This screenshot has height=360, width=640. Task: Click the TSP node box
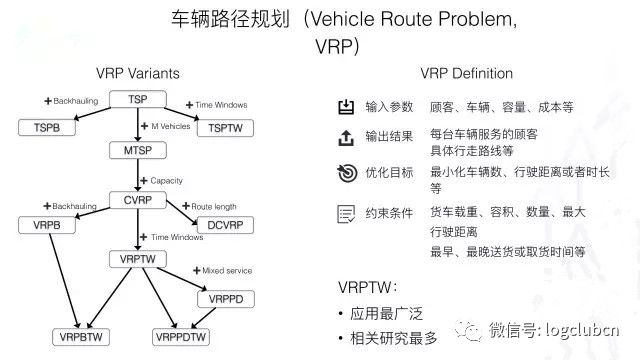[139, 99]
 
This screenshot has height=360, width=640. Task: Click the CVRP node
[139, 199]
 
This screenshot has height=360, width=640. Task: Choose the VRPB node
[46, 224]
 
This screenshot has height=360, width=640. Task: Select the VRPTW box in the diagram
[139, 259]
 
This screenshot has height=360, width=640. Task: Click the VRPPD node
[227, 298]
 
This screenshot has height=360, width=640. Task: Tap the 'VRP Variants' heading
[136, 74]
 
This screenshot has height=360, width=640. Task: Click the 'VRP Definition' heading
[464, 74]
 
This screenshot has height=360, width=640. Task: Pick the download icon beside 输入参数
[346, 107]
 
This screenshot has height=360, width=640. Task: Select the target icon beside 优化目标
[346, 172]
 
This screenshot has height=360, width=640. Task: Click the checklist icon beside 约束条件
[346, 213]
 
